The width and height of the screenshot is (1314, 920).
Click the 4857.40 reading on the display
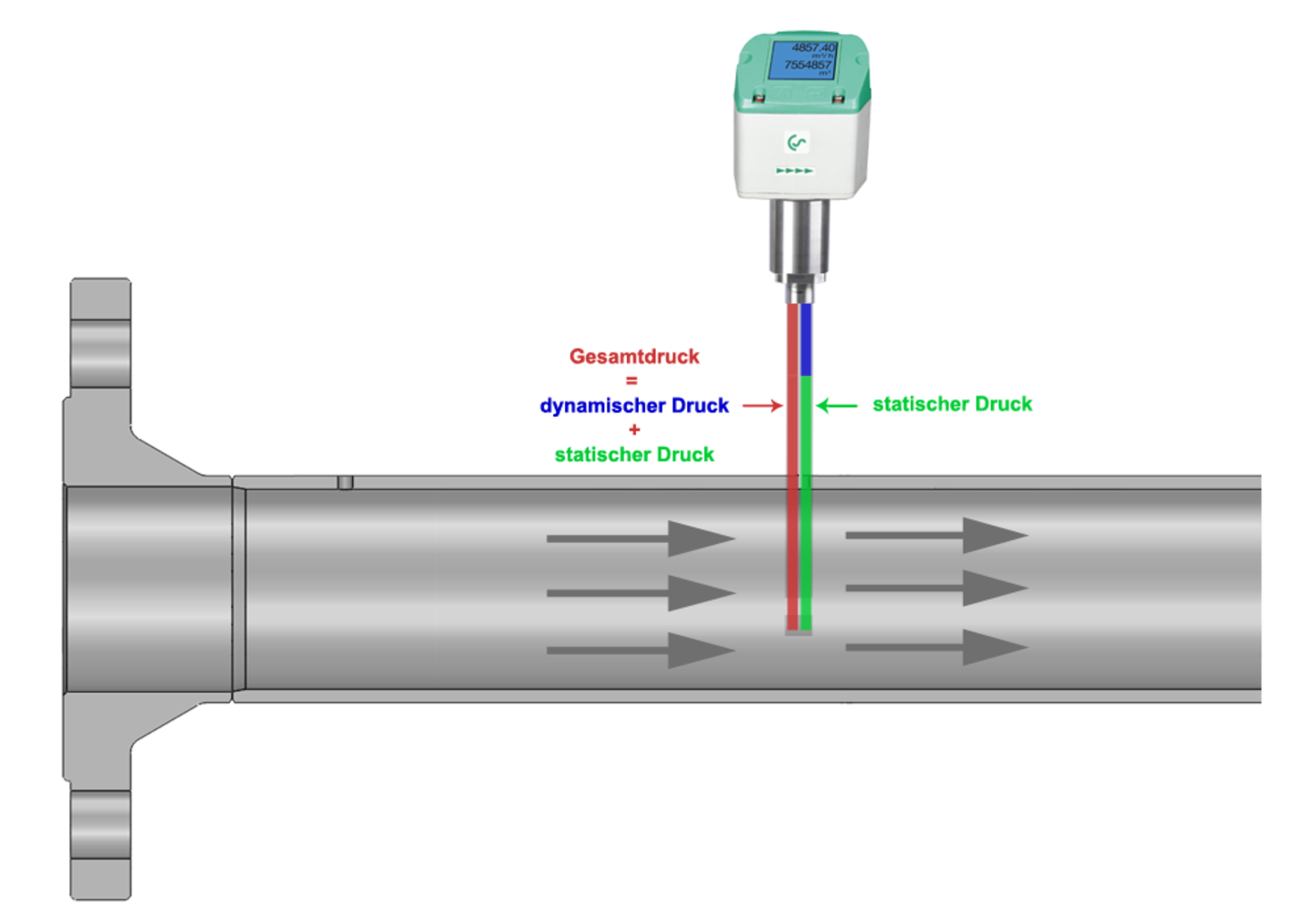[812, 47]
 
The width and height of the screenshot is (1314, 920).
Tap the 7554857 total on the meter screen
[808, 65]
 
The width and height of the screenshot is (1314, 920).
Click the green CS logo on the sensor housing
[798, 142]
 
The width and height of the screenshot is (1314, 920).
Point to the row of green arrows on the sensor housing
[794, 171]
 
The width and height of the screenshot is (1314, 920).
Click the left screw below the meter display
[756, 97]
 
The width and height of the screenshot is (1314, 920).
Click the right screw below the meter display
[837, 97]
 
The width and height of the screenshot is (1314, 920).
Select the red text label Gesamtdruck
[634, 356]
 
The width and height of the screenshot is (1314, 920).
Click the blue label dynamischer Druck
[634, 405]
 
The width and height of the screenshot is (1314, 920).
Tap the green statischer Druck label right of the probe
[952, 404]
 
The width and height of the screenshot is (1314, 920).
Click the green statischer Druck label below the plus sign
[634, 454]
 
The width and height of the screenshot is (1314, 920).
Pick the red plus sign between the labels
[634, 429]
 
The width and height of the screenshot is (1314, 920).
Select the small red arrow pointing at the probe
[761, 405]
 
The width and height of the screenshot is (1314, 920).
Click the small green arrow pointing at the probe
[837, 405]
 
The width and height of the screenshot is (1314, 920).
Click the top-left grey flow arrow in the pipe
[641, 538]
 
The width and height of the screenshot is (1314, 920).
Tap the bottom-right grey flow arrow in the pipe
[936, 647]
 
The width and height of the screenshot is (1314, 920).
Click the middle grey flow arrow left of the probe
[641, 593]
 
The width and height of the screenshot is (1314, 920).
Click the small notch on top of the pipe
[345, 482]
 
